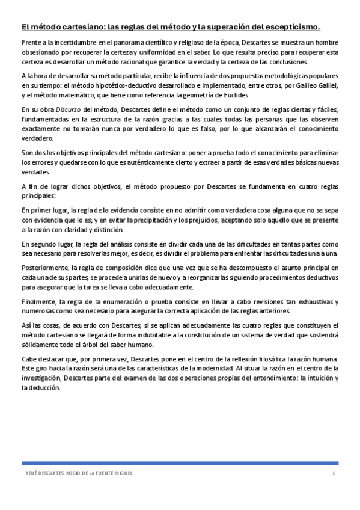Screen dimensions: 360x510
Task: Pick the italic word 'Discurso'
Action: tap(70, 110)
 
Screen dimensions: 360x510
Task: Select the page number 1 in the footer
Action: tap(332, 474)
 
